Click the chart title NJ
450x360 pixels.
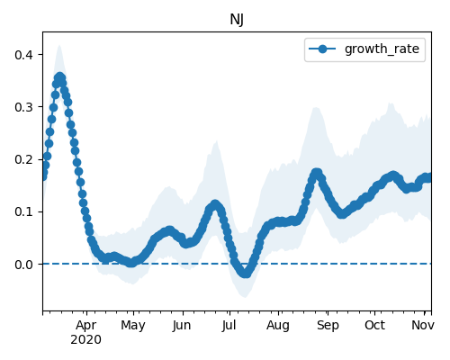click(x=237, y=20)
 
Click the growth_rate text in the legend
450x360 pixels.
click(x=382, y=49)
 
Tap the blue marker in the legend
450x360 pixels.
click(x=322, y=49)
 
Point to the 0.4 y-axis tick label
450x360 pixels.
click(x=24, y=55)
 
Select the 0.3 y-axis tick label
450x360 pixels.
click(x=24, y=107)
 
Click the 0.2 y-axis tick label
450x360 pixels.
click(x=24, y=159)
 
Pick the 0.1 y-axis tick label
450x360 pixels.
click(x=24, y=211)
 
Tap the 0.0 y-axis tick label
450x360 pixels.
click(x=24, y=265)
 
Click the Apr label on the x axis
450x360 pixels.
click(x=86, y=326)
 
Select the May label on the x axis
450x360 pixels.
click(x=133, y=326)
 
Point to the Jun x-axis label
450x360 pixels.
click(x=182, y=326)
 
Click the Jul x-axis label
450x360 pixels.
click(x=229, y=326)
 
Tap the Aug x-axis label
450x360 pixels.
click(x=278, y=326)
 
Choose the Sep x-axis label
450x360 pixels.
click(x=328, y=326)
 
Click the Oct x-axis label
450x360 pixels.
click(x=374, y=325)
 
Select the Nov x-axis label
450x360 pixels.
click(x=423, y=325)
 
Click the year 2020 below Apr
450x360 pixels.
click(x=85, y=340)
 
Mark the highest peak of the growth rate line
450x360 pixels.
click(x=60, y=77)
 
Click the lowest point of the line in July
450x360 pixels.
click(x=246, y=273)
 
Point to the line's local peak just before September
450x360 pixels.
click(x=317, y=174)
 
